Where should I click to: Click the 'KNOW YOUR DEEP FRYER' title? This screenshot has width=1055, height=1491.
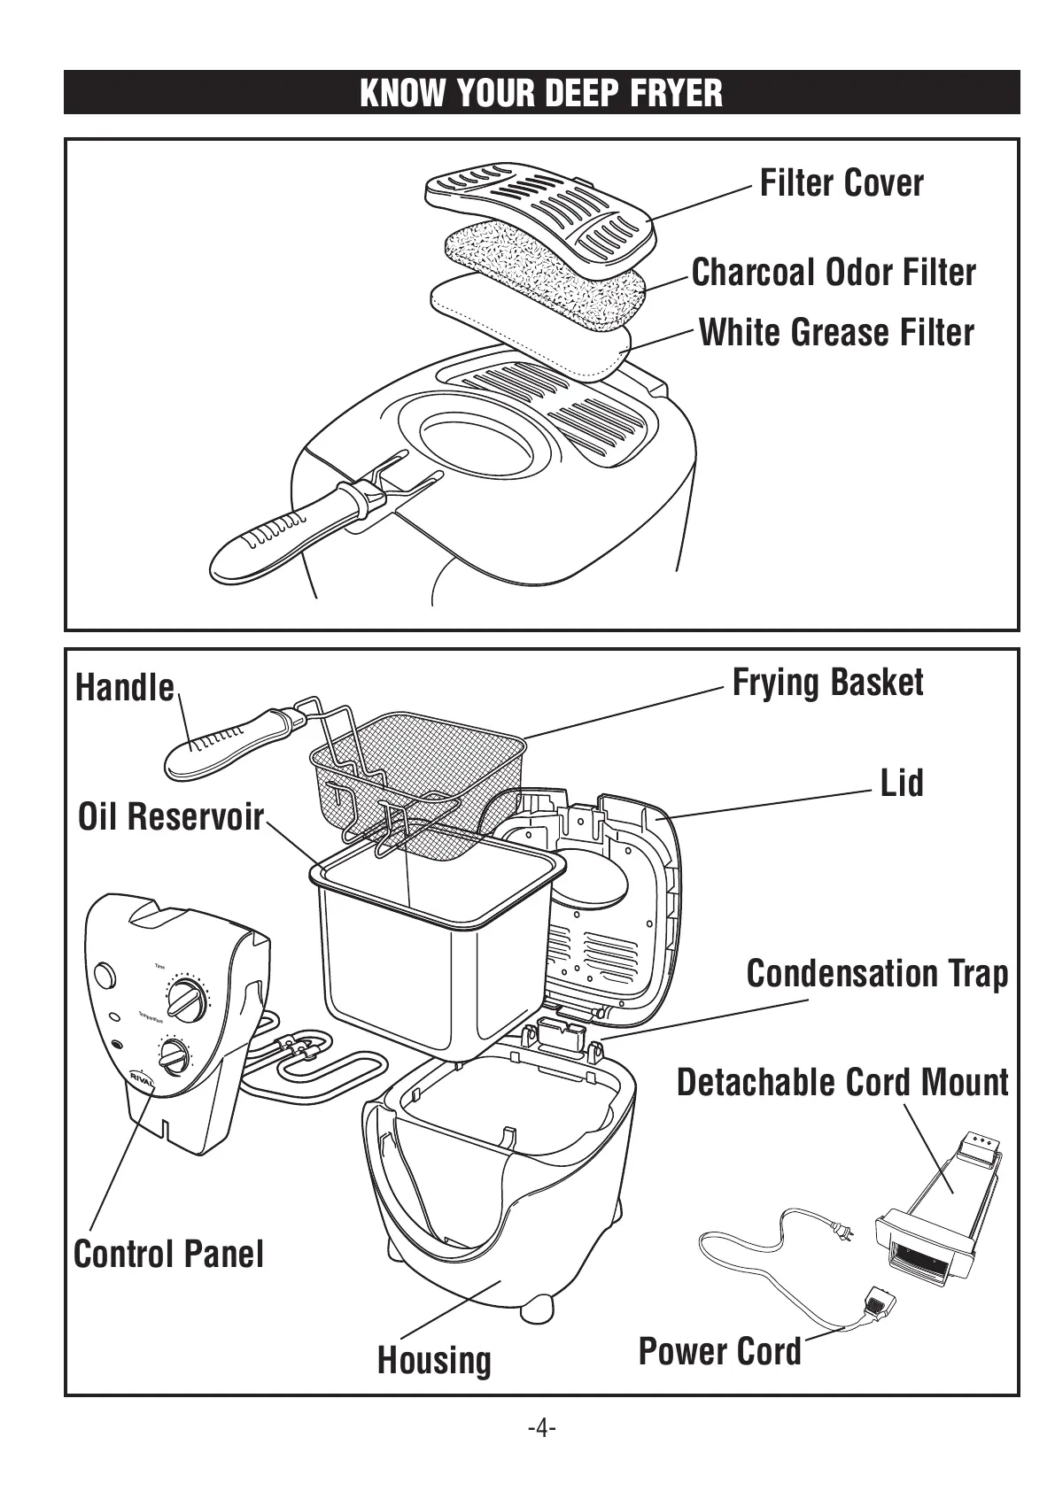[541, 93]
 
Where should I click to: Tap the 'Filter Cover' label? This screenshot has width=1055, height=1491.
[842, 183]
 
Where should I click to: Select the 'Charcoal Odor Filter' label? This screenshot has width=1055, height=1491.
[833, 273]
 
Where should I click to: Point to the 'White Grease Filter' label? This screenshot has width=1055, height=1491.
[836, 333]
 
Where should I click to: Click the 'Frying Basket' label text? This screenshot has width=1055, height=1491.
[827, 683]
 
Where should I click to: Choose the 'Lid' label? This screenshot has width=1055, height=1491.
[901, 784]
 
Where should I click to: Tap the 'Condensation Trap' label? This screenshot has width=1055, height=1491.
[877, 974]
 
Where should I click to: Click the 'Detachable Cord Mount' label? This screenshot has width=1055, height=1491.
[842, 1083]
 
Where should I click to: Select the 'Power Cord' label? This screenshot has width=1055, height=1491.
[719, 1352]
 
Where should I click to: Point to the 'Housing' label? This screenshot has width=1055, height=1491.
[434, 1361]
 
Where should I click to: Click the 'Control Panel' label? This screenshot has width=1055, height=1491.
[168, 1255]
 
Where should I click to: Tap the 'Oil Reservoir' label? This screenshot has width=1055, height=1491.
[171, 817]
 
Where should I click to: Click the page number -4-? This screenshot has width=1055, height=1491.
[541, 1428]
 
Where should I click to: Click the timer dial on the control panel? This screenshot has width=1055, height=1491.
[188, 1000]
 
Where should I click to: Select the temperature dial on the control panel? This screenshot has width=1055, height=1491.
[175, 1055]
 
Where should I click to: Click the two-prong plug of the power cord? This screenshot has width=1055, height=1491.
[841, 1230]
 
